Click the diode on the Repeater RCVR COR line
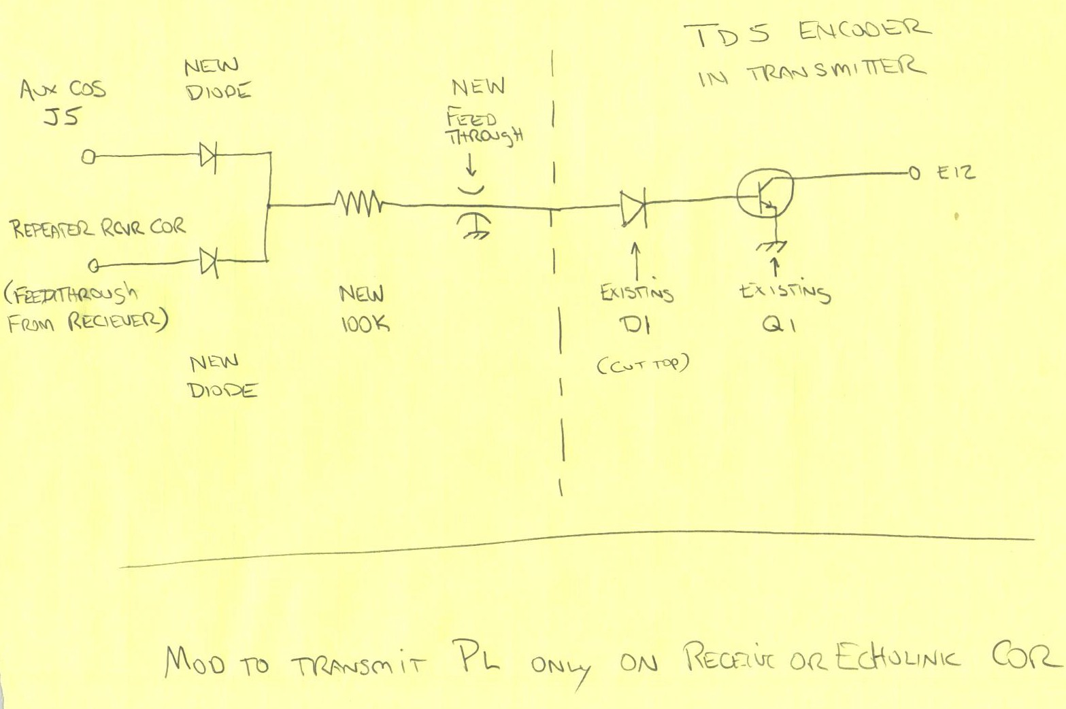coord(208,262)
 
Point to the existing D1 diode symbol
coord(633,207)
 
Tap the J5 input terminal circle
coord(88,158)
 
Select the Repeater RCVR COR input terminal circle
coord(95,264)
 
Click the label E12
coord(956,173)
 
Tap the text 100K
coord(365,324)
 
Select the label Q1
coord(779,325)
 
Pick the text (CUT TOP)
coord(643,365)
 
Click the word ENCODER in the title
coord(863,31)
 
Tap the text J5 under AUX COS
coord(62,116)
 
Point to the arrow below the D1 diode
coord(637,258)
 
